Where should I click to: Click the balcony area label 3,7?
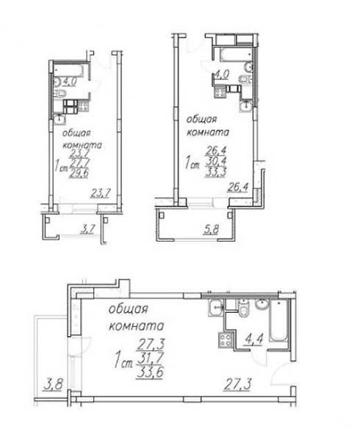point(87,229)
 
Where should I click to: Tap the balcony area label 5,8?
point(211,229)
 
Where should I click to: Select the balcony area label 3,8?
point(53,385)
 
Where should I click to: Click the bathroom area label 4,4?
point(253,339)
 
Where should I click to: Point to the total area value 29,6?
point(79,173)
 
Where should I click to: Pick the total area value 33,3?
point(216,172)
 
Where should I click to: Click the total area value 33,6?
point(150,372)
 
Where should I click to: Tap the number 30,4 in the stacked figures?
point(216,161)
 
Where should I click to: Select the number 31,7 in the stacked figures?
point(150,359)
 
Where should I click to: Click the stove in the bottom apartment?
point(226,339)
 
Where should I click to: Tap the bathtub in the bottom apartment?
point(278,321)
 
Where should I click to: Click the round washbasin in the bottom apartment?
point(262,305)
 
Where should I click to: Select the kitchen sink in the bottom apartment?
point(216,308)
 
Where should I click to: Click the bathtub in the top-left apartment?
point(68,70)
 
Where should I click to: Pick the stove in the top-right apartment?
point(220,92)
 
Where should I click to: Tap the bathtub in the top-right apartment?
point(237,54)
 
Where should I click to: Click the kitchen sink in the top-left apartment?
point(60,119)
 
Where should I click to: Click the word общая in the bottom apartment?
point(128,310)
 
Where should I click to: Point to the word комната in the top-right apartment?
point(208,132)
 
